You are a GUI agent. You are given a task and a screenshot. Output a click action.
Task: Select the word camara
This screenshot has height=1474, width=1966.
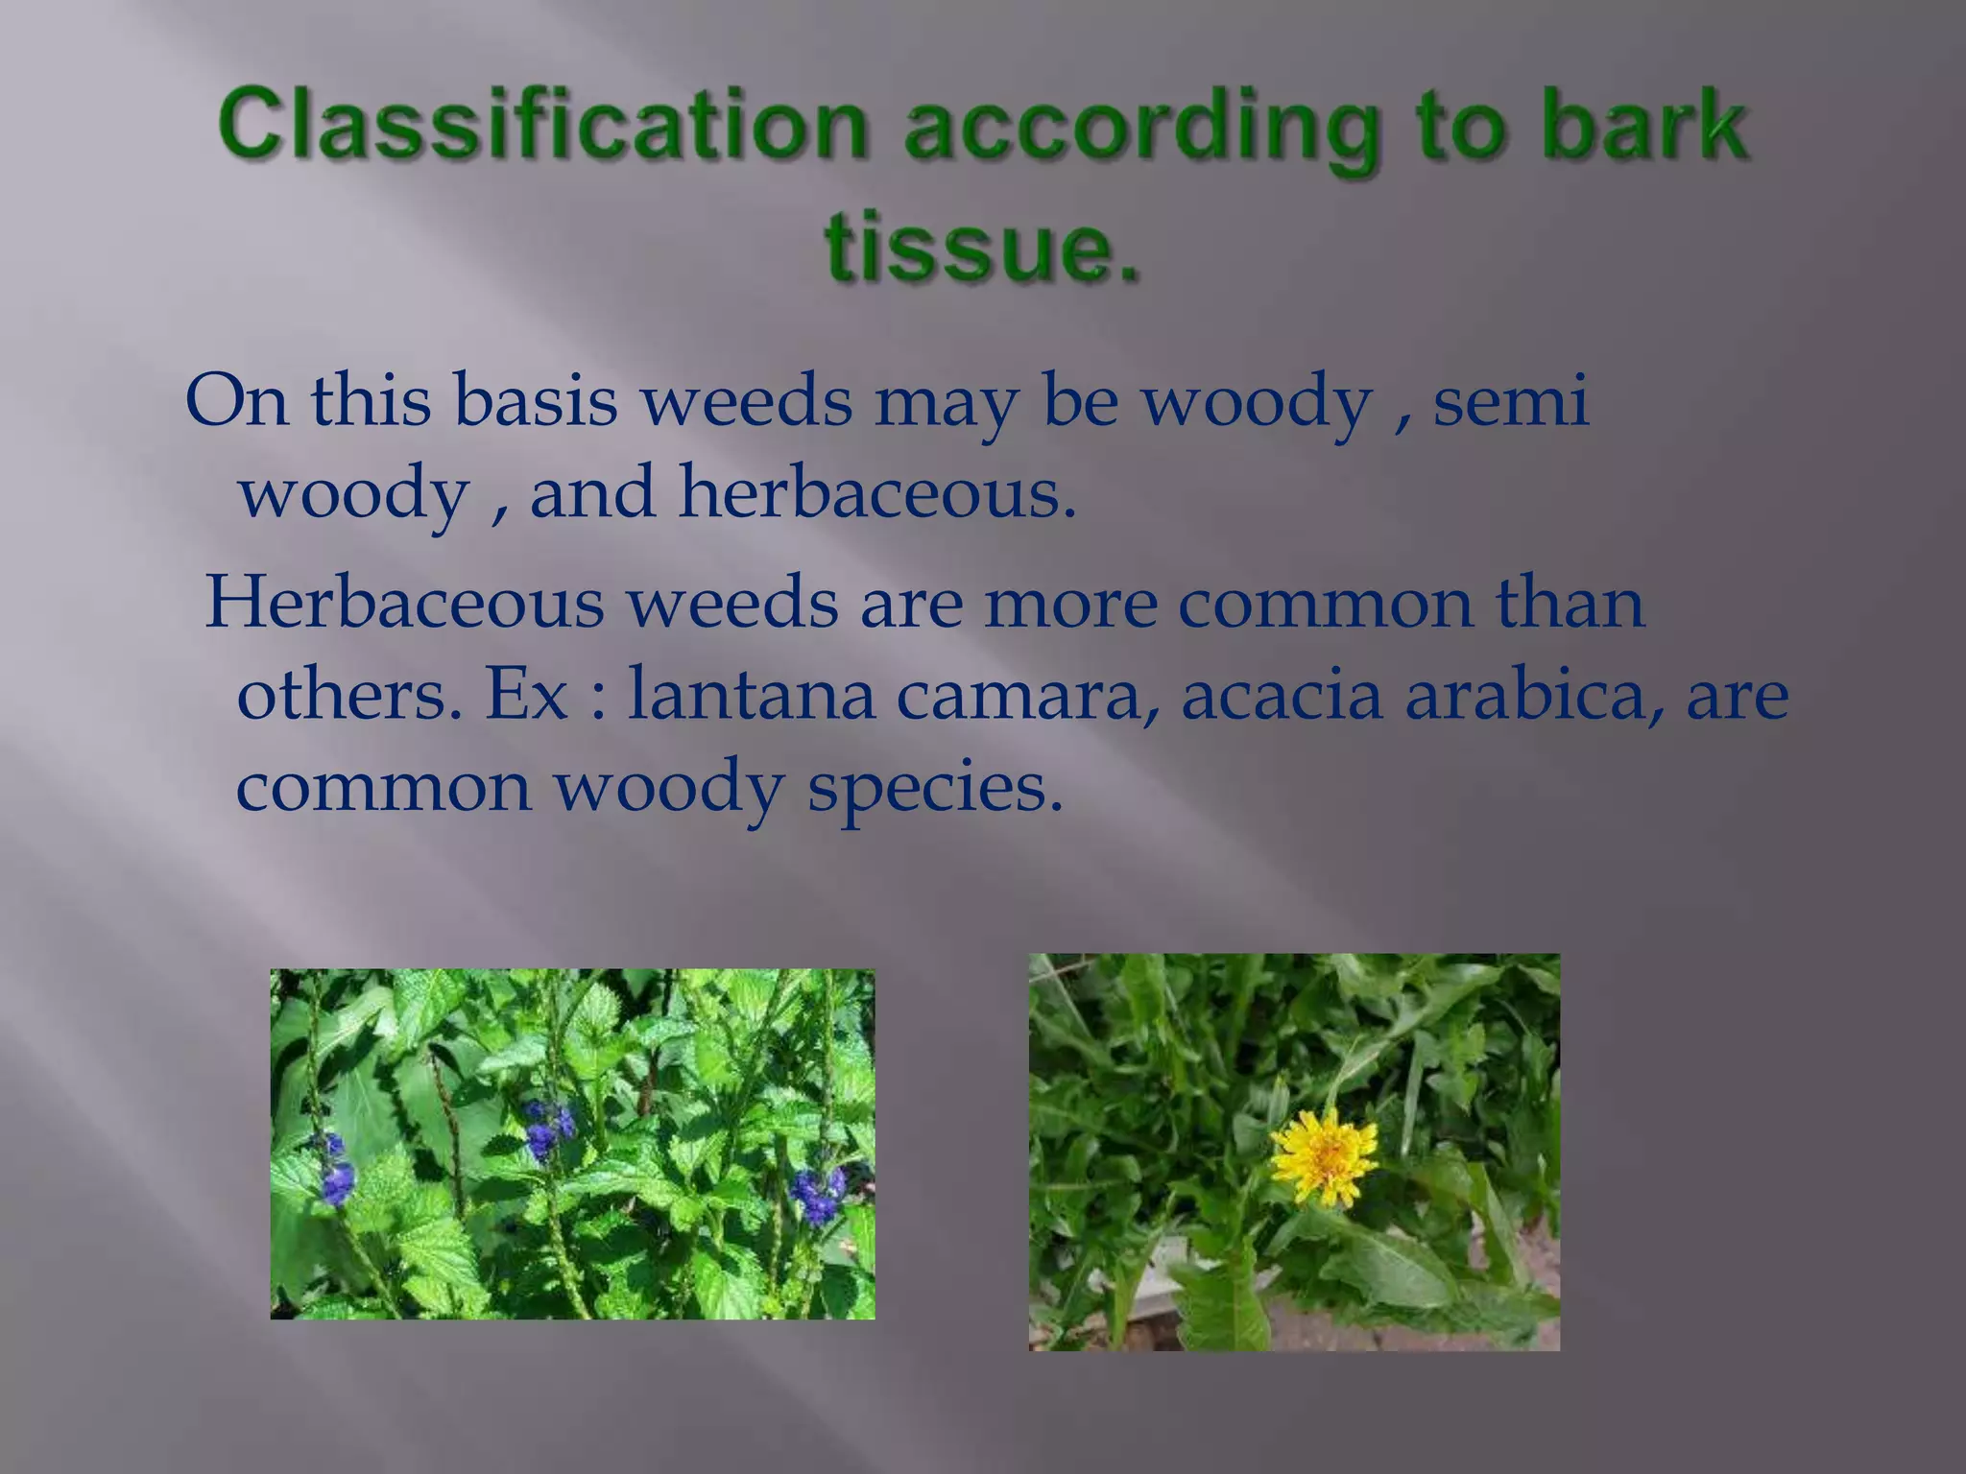coord(1026,695)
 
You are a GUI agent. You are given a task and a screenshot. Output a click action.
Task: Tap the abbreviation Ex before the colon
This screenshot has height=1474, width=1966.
coord(527,695)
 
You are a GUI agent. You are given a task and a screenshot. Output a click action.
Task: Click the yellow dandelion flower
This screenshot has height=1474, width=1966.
coord(1324,1155)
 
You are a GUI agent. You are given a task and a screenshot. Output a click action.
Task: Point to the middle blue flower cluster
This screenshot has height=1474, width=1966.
coord(548,1127)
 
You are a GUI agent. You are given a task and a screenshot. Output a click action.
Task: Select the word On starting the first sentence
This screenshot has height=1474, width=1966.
coord(236,400)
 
